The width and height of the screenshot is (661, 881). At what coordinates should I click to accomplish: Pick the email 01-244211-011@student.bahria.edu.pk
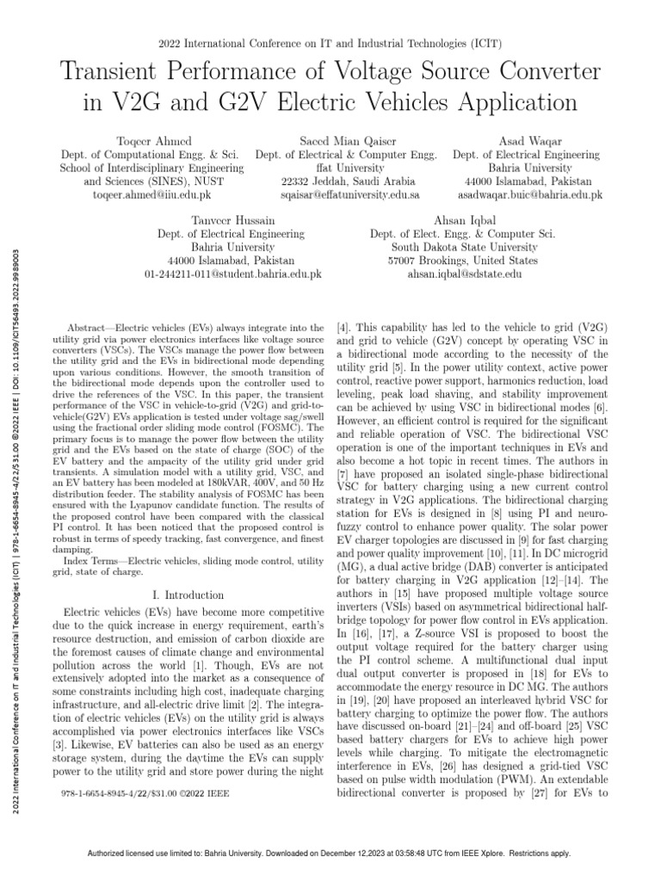[233, 274]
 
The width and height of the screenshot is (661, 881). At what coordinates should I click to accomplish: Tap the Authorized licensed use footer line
[330, 853]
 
